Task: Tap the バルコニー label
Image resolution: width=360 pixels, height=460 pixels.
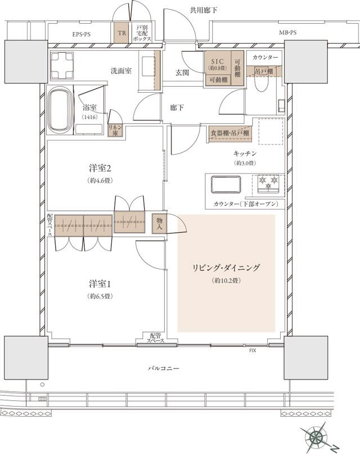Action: point(164,368)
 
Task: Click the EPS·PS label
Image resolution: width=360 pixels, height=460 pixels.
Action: point(81,34)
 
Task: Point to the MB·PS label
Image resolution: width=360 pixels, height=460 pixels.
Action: point(287,33)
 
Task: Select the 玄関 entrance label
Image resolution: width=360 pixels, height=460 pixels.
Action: point(182,73)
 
